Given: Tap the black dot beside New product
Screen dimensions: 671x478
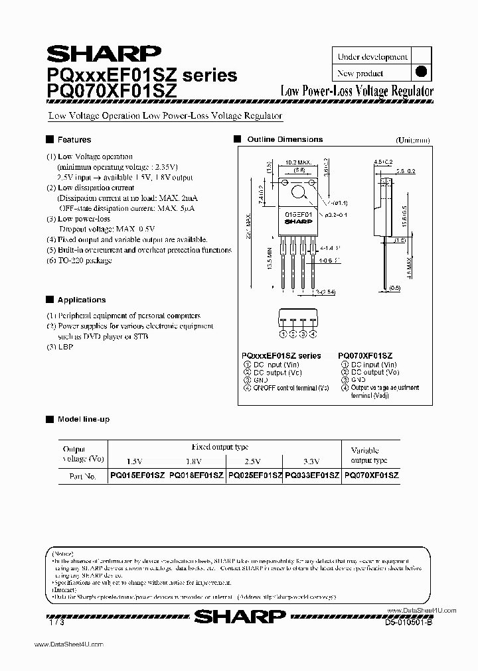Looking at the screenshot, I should pyautogui.click(x=420, y=73).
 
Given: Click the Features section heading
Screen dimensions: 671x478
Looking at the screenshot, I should pyautogui.click(x=74, y=140).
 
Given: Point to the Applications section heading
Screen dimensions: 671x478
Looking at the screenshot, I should pyautogui.click(x=81, y=300).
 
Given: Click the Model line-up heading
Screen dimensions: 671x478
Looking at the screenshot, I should pyautogui.click(x=83, y=420).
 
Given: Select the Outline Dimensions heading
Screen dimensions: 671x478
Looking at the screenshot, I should pyautogui.click(x=284, y=140).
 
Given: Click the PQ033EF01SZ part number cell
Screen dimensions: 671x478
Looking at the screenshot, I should pyautogui.click(x=312, y=476).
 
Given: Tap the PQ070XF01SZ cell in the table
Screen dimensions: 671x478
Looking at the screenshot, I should pyautogui.click(x=371, y=476).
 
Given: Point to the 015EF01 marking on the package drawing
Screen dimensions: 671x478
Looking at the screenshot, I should pyautogui.click(x=297, y=215).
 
